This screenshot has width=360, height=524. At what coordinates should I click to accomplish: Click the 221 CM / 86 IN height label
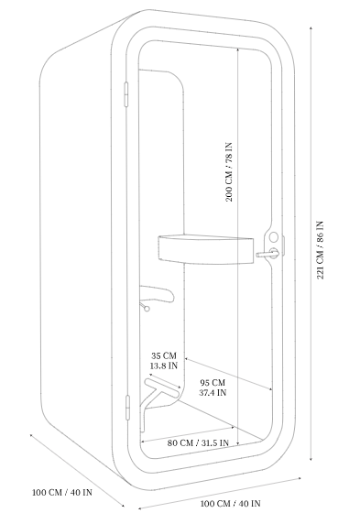[320, 250]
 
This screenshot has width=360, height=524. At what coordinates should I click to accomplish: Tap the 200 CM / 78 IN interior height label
[229, 172]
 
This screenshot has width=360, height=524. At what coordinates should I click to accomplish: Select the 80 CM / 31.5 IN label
[198, 442]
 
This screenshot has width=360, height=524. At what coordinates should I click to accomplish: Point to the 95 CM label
[213, 383]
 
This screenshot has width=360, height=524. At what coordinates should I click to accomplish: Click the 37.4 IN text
[213, 393]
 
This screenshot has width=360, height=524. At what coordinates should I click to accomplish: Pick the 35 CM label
[164, 355]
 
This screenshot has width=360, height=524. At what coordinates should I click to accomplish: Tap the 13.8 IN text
[164, 366]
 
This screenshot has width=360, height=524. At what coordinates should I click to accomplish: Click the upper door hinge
[126, 94]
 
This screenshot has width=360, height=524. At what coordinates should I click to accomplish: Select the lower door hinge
[127, 407]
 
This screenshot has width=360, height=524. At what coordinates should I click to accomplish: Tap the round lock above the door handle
[273, 237]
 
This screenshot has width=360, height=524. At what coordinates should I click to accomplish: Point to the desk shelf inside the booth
[205, 249]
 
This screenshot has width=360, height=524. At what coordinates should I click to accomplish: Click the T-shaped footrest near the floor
[159, 398]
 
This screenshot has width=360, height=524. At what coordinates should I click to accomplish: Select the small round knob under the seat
[147, 309]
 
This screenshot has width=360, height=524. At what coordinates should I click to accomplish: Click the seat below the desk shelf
[157, 293]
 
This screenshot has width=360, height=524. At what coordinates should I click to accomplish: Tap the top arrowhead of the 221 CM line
[311, 28]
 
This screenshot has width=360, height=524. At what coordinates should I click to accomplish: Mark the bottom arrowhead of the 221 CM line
[311, 458]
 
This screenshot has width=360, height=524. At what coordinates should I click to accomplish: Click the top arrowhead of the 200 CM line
[237, 49]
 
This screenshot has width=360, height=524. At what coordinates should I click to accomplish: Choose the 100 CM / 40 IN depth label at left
[62, 492]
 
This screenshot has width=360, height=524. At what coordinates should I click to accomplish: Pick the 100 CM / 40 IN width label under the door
[230, 503]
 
